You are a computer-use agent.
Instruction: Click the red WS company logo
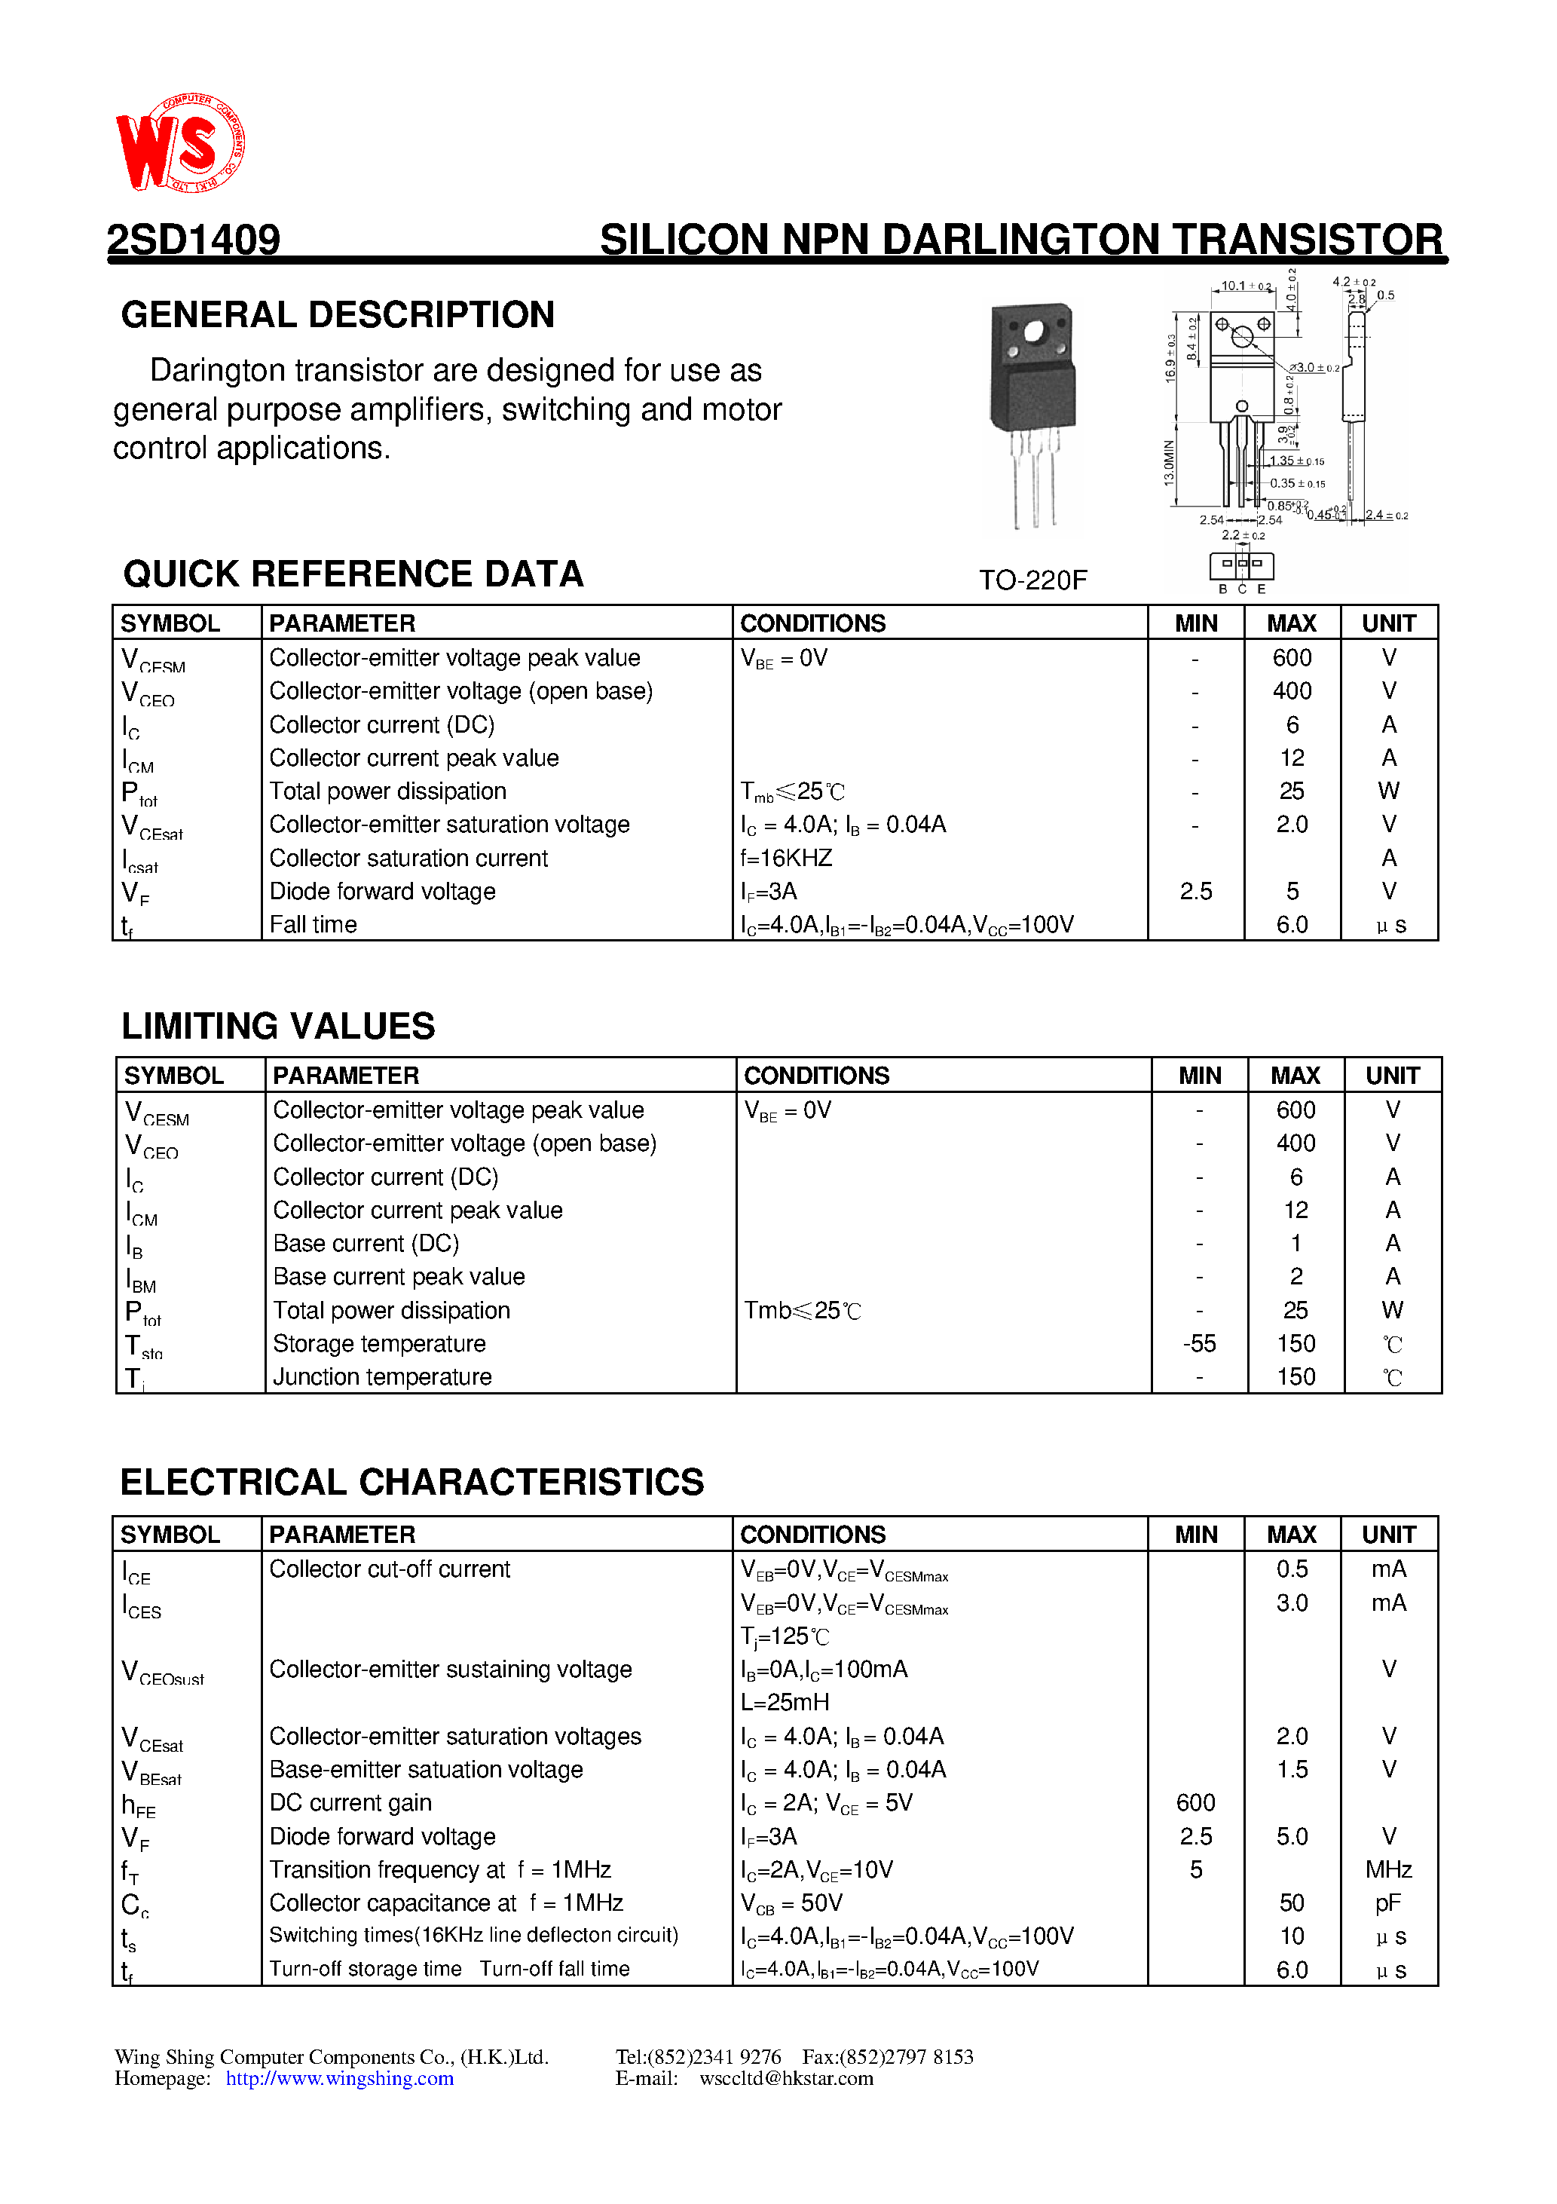(x=179, y=143)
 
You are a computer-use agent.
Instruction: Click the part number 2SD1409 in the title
(x=193, y=240)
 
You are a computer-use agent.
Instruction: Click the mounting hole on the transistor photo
(x=1034, y=332)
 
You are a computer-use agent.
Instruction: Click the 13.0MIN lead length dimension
(x=1169, y=463)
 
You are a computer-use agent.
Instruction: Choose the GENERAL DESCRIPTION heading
(x=338, y=315)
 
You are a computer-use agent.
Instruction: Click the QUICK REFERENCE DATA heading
(x=353, y=574)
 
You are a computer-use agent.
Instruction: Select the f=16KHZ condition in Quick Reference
(x=786, y=859)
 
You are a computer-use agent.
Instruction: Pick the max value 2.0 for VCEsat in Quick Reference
(x=1291, y=825)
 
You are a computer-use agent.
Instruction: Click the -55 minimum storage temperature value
(x=1199, y=1344)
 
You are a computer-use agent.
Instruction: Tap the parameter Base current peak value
(x=399, y=1277)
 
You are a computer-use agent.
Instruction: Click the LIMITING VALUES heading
(x=278, y=1026)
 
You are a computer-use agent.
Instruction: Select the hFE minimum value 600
(x=1195, y=1803)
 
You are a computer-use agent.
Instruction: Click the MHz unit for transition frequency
(x=1388, y=1869)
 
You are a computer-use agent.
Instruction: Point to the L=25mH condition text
(x=785, y=1702)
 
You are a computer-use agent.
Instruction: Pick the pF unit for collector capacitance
(x=1388, y=1902)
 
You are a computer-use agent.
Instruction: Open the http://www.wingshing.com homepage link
(x=340, y=2079)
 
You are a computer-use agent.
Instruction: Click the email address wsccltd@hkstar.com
(x=786, y=2079)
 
